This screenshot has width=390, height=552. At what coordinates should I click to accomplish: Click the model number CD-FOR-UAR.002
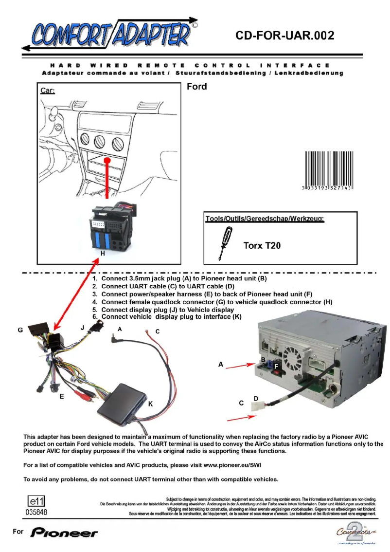[285, 36]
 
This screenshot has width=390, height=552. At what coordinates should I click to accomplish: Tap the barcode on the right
[328, 170]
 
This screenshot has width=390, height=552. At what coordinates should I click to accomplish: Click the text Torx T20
[262, 246]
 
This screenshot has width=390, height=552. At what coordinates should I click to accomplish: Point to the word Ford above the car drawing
[196, 87]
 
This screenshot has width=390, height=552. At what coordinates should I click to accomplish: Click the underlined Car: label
[48, 92]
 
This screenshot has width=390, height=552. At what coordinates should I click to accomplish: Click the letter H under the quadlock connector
[103, 254]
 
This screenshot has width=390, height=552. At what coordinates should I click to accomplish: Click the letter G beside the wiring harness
[20, 330]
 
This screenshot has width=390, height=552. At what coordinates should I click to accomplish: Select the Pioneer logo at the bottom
[65, 533]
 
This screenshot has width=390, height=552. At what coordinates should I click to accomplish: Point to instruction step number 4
[95, 302]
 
